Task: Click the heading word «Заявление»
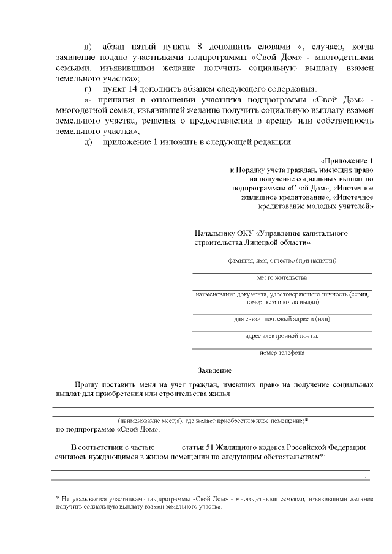point(214,371)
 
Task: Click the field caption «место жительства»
point(282,277)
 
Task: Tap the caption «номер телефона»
point(282,353)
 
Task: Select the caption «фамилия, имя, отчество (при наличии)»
point(282,260)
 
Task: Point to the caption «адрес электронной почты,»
point(282,335)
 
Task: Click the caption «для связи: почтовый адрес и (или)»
point(282,319)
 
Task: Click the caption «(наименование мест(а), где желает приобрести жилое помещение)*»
point(213,421)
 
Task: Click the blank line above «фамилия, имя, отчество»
point(282,254)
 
